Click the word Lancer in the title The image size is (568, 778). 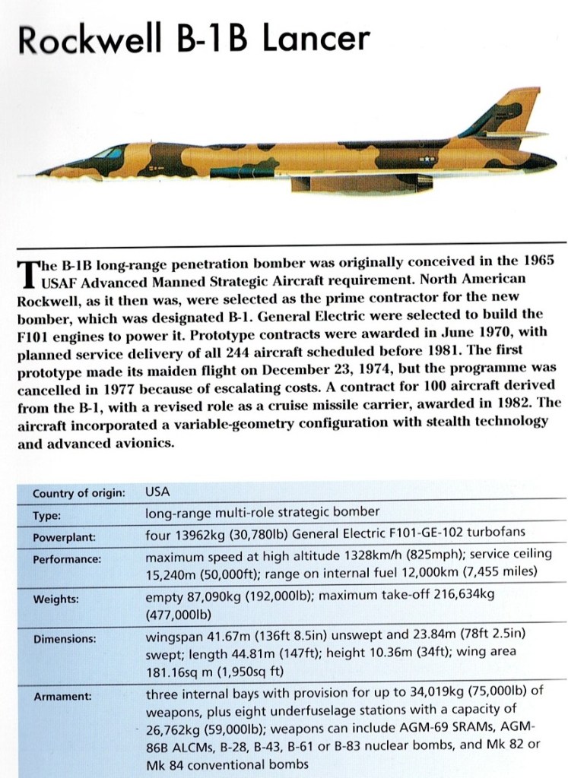pyautogui.click(x=316, y=40)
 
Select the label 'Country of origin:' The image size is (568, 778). pyautogui.click(x=78, y=493)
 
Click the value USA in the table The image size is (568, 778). pyautogui.click(x=157, y=492)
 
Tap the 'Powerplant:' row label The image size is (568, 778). pyautogui.click(x=64, y=536)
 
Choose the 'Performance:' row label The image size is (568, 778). pyautogui.click(x=67, y=558)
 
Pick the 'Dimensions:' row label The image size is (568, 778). pyautogui.click(x=64, y=640)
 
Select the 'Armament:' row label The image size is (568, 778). pyautogui.click(x=62, y=694)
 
